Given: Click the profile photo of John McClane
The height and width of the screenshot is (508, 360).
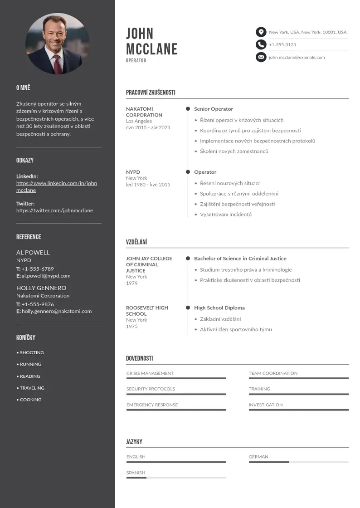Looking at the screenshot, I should click(57, 44).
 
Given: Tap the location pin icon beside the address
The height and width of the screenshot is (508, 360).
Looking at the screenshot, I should click(261, 32).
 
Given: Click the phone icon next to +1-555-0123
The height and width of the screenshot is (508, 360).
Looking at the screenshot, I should click(261, 44).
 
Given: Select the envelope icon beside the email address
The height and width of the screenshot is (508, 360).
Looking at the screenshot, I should click(261, 57).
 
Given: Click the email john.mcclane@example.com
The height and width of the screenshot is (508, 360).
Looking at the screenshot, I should click(297, 58).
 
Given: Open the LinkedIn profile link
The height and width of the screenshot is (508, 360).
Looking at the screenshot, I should click(57, 187).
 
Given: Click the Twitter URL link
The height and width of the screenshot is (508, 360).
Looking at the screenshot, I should click(54, 210).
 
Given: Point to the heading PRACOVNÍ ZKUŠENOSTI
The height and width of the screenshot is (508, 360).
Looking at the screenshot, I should click(151, 93).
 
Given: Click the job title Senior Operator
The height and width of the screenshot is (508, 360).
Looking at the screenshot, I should click(214, 109).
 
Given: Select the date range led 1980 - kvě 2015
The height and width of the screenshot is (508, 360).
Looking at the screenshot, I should click(148, 185).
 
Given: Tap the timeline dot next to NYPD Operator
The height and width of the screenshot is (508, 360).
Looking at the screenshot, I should click(188, 172).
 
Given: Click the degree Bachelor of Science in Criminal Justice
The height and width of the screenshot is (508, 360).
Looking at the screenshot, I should click(240, 259).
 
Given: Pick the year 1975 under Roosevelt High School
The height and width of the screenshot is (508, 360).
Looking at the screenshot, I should click(132, 326).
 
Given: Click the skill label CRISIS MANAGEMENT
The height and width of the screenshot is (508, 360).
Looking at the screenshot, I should click(150, 373).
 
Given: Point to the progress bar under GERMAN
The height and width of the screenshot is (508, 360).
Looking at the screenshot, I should click(298, 462).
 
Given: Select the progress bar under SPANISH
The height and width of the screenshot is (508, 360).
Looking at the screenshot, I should click(176, 478).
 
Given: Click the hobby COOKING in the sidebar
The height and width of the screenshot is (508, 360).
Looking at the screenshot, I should click(30, 400).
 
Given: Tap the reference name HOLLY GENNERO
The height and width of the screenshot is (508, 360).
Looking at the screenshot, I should click(41, 288).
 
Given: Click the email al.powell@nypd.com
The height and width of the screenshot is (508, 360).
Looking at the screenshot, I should click(46, 276).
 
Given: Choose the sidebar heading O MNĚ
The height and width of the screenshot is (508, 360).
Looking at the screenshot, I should click(23, 88).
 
